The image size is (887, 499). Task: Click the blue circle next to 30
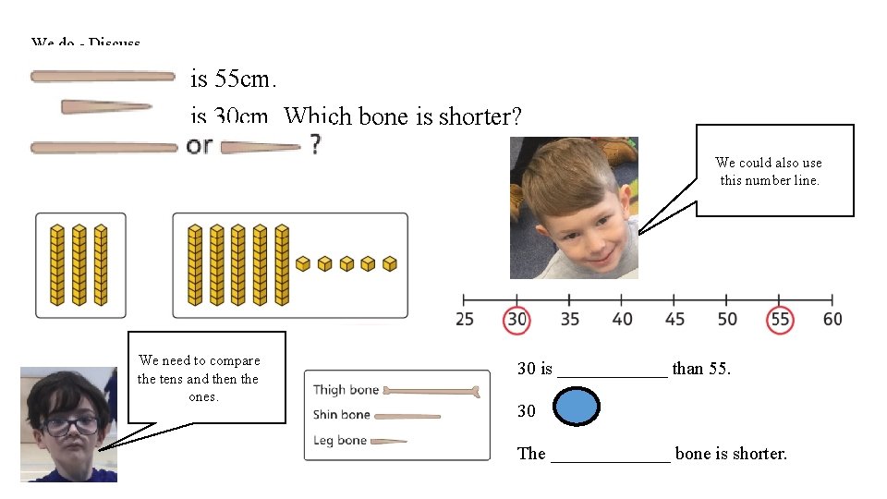[578, 407]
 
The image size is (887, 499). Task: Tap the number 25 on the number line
[466, 319]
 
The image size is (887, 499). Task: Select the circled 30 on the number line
[516, 319]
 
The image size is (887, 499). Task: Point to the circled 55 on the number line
[781, 319]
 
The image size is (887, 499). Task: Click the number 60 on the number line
[832, 319]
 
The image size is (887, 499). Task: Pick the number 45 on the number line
[675, 319]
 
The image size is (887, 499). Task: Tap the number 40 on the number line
[623, 319]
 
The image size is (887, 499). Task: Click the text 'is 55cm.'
[231, 79]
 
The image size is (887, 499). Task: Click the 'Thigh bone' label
[346, 390]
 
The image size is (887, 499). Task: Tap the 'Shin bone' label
[342, 415]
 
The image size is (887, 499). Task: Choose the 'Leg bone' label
[340, 440]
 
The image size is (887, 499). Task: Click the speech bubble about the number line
[774, 171]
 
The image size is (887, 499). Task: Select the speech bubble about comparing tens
[199, 378]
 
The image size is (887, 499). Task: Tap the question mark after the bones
[316, 144]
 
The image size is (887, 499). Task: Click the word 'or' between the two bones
[199, 145]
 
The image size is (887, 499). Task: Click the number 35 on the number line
[570, 319]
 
